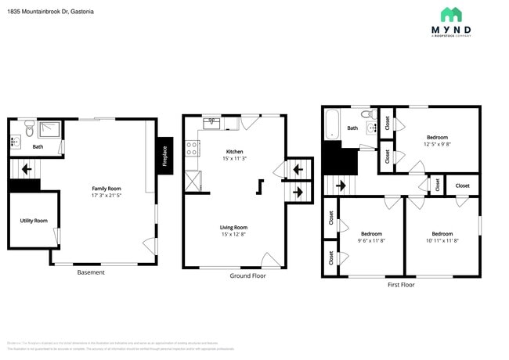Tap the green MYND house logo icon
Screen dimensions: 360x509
(x=450, y=14)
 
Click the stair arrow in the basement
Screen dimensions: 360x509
(x=27, y=168)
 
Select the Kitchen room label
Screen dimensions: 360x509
(x=234, y=152)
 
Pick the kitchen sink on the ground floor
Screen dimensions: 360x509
(x=212, y=123)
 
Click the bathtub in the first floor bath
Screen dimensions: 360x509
(x=332, y=124)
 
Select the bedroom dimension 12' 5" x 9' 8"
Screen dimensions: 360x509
(x=436, y=144)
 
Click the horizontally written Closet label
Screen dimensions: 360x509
(x=463, y=185)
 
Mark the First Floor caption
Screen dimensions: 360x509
(x=401, y=285)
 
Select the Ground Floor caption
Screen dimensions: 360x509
(x=247, y=276)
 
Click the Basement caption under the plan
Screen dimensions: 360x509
(x=91, y=272)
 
